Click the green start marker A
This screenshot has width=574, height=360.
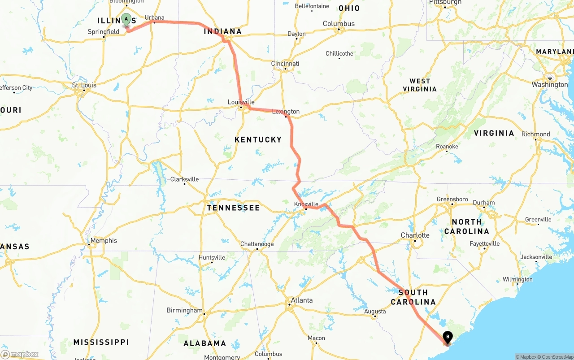tap(126, 19)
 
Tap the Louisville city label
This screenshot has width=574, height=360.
tap(241, 102)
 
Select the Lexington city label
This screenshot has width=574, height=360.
tap(286, 112)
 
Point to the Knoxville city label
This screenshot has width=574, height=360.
tap(306, 204)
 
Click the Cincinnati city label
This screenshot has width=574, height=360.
tap(285, 64)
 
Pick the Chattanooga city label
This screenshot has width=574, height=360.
tap(257, 244)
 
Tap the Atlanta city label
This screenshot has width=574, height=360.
tap(302, 300)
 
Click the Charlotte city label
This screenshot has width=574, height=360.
tap(415, 235)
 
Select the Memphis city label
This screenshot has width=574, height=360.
tap(104, 241)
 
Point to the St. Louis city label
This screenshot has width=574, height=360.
tap(84, 85)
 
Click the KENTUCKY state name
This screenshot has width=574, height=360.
tap(258, 140)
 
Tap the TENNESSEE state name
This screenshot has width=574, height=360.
tap(233, 208)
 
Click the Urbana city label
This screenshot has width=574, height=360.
tap(154, 18)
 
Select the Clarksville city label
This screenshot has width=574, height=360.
tap(184, 179)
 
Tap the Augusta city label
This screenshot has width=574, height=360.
tap(375, 312)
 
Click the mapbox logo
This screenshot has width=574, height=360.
tap(20, 355)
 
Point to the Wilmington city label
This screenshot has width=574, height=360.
tap(517, 280)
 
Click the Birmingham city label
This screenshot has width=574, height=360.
tap(184, 310)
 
